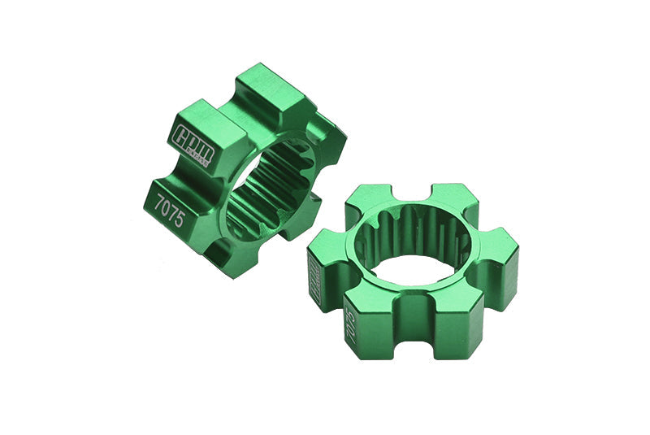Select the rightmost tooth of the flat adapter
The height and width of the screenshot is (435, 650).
point(496,260)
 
